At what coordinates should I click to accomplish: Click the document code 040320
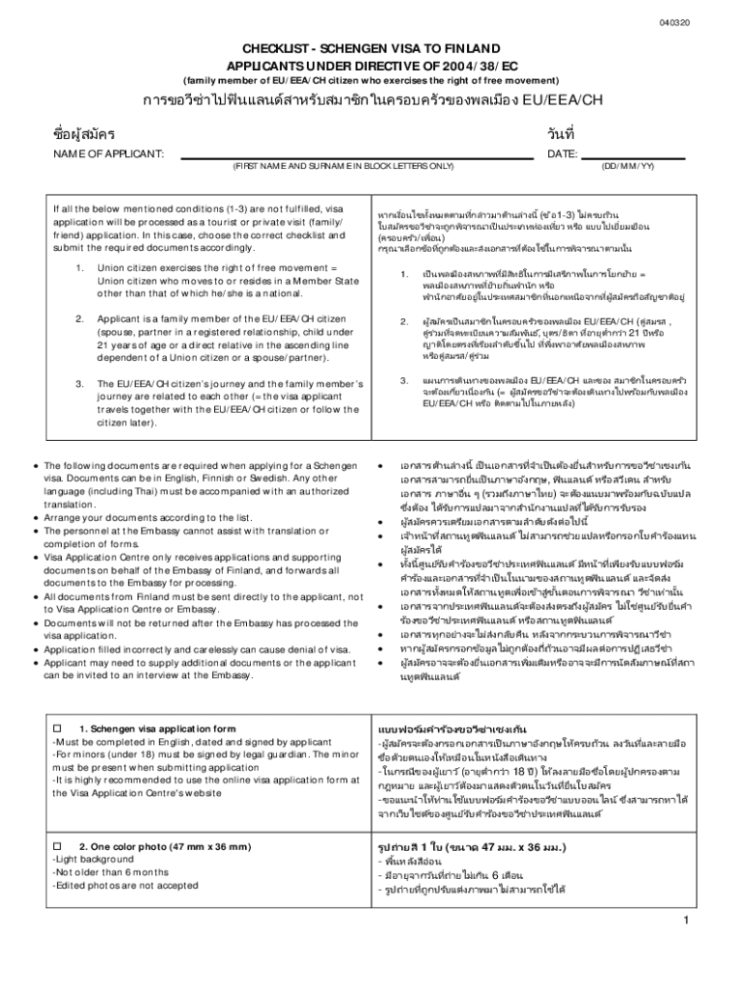tap(675, 22)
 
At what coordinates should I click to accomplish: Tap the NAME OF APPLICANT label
tap(108, 154)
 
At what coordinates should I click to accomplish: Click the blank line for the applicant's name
tap(356, 154)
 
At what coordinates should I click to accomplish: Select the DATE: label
tap(563, 154)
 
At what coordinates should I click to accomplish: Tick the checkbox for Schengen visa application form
tap(57, 728)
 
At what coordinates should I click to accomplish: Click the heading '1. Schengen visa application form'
tap(157, 728)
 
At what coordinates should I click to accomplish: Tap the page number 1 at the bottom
tap(683, 919)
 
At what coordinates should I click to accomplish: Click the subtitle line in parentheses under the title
tap(371, 79)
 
